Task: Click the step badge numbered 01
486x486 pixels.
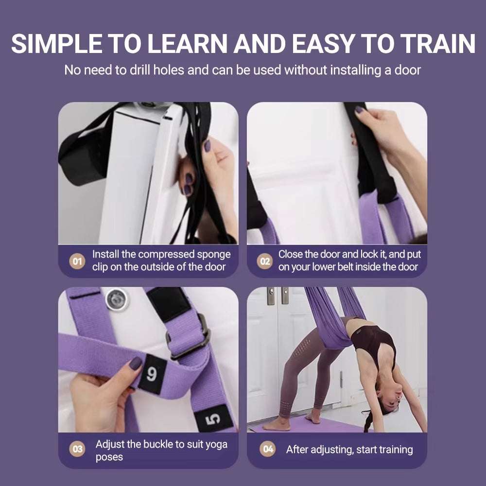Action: coord(77,261)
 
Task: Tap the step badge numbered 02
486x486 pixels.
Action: coord(265,261)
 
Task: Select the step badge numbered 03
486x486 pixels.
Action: coord(77,450)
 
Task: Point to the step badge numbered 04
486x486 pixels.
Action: coord(268,450)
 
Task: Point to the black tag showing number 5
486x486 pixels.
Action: coord(214,418)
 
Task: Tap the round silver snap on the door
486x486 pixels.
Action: coord(117,299)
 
